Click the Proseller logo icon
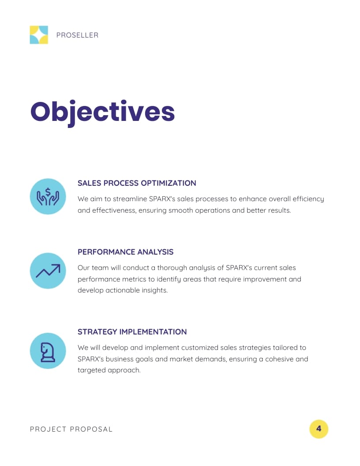pos(39,35)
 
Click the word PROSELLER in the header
pos(77,35)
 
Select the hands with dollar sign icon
pos(48,196)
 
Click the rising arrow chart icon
pos(48,271)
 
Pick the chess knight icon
pos(48,351)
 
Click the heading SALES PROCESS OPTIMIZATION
pos(137,183)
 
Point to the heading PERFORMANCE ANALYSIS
pos(125,252)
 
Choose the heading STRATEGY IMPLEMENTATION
pos(132,332)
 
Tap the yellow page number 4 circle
pos(319,429)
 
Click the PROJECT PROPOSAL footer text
pos(71,429)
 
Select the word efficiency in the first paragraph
pos(308,199)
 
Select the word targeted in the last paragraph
pos(91,370)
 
